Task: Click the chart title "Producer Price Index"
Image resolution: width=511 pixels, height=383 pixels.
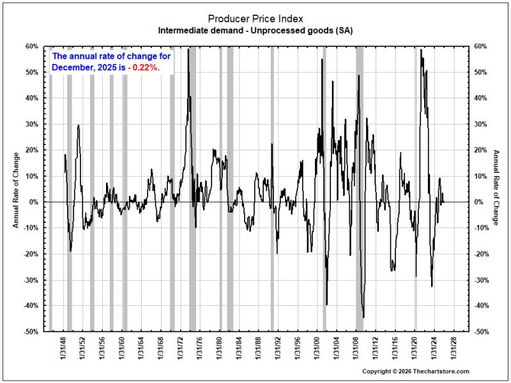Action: [x=256, y=19]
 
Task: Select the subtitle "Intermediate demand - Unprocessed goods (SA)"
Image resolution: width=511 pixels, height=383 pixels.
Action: [x=256, y=31]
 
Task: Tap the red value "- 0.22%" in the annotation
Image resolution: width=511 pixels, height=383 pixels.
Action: [x=144, y=68]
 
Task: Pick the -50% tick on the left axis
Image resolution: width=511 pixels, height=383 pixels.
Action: [x=31, y=331]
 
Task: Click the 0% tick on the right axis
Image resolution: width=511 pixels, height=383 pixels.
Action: [x=478, y=202]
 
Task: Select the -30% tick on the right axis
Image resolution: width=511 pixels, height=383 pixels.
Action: [x=482, y=280]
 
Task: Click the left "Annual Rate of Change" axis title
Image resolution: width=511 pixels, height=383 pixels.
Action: [x=15, y=190]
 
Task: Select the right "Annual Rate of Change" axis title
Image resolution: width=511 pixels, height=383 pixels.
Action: [x=496, y=188]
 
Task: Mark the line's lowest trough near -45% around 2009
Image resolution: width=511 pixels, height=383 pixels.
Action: [x=363, y=317]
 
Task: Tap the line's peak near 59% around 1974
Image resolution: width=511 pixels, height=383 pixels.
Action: [x=188, y=50]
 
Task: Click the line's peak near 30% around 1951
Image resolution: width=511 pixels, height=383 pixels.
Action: [x=78, y=125]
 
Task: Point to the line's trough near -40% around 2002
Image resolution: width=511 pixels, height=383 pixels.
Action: [x=326, y=304]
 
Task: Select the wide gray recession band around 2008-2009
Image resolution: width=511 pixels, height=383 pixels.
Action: [x=360, y=189]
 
